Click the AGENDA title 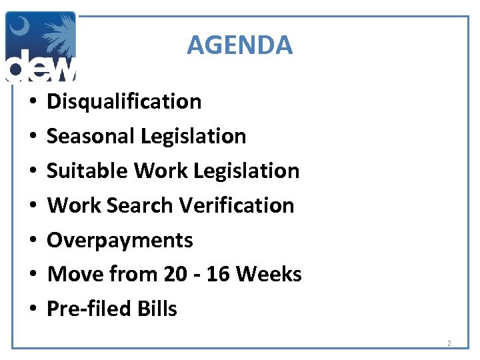point(239,45)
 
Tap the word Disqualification point(124,101)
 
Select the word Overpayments point(120,240)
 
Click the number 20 point(170,274)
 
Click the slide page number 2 point(449,344)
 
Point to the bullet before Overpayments point(32,241)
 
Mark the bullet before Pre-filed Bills point(32,309)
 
